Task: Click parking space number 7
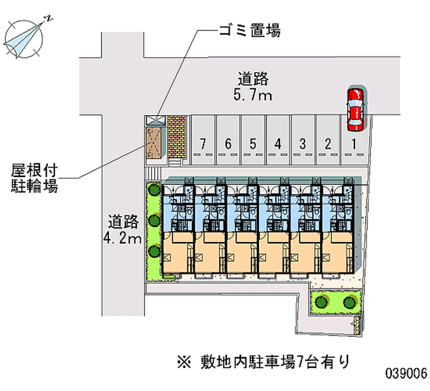(203, 143)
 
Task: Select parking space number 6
(228, 143)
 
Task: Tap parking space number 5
(253, 143)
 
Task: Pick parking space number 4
(278, 143)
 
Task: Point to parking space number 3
(303, 143)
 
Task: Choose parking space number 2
(327, 143)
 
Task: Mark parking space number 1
(353, 143)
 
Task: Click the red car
(355, 109)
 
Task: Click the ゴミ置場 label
(249, 31)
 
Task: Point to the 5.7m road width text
(254, 96)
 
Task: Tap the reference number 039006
(405, 373)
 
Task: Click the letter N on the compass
(49, 18)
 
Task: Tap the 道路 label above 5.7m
(253, 79)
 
